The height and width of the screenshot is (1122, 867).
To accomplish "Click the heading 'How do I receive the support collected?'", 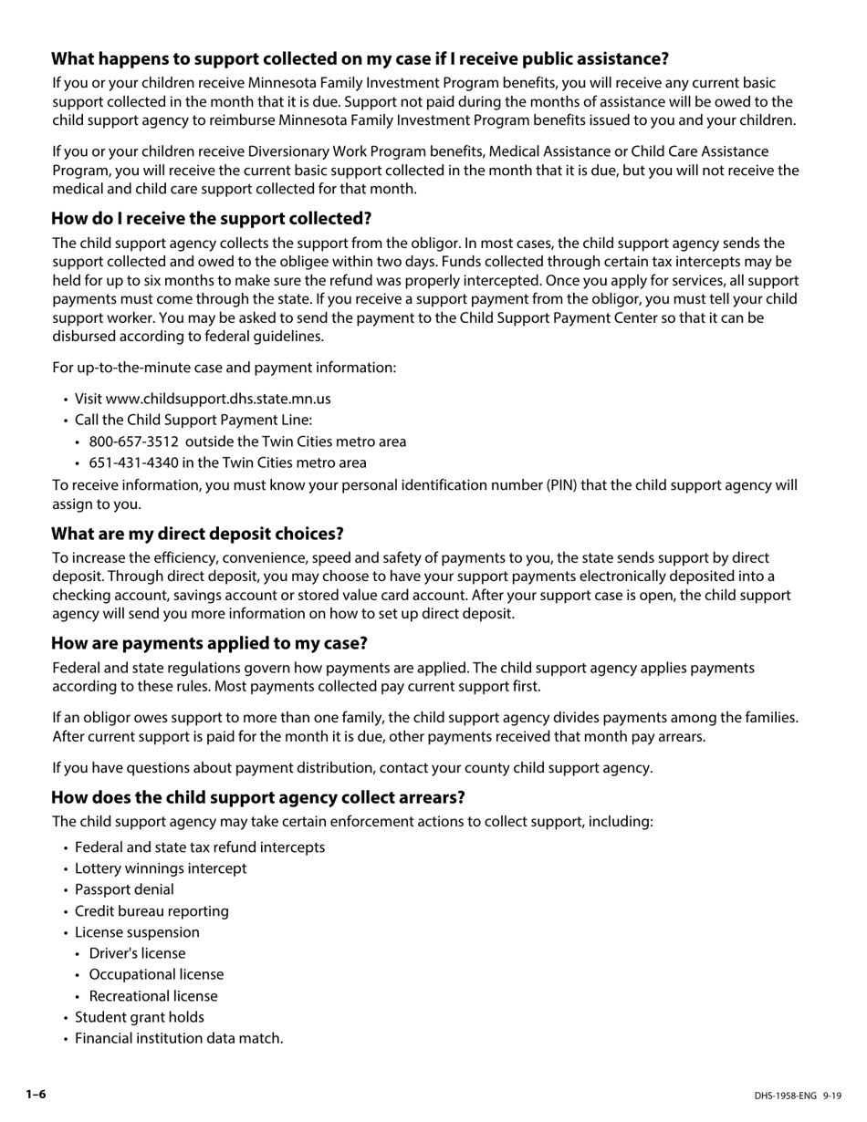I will point(211,219).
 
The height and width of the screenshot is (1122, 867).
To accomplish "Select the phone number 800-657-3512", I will point(134,442).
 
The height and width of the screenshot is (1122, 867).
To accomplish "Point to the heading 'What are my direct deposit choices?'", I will point(197,534).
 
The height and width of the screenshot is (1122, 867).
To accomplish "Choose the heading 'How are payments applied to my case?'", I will point(209,643).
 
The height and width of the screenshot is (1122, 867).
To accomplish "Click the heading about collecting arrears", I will point(257,797).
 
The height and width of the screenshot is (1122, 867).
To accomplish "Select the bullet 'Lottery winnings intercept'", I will point(161,868).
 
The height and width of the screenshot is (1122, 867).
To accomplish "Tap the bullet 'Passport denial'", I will point(124,889).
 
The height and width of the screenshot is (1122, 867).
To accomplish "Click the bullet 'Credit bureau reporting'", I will point(151,911).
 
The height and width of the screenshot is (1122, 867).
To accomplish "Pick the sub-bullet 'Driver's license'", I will point(137,953).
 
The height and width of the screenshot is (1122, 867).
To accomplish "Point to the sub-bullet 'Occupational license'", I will point(156,974).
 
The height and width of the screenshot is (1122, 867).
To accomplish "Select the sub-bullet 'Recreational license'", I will point(153,996).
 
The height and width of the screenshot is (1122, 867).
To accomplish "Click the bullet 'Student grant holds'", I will point(140,1017).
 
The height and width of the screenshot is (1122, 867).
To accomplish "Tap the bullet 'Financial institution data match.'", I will point(179,1038).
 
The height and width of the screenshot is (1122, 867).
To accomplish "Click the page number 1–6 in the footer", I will point(36,1095).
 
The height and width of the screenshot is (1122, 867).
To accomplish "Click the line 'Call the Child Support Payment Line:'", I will point(193,420).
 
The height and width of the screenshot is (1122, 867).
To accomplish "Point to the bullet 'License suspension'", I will point(137,932).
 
